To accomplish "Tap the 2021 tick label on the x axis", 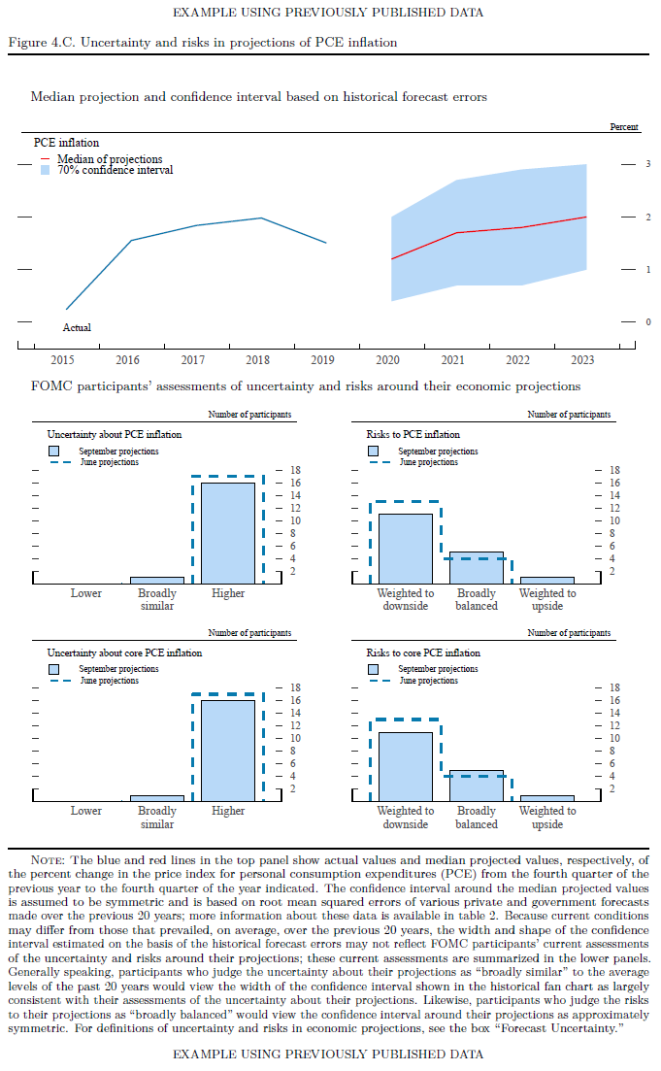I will tap(453, 360).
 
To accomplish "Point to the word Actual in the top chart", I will tap(77, 328).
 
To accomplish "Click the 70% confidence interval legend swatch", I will tap(45, 170).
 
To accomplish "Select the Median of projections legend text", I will tap(110, 159).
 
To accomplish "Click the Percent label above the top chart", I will tap(624, 127).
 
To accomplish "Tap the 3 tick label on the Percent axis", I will tap(648, 165).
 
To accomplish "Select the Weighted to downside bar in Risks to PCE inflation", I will tap(406, 548).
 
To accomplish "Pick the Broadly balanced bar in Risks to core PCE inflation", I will tap(477, 786).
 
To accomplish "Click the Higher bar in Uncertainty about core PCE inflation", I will tap(228, 750).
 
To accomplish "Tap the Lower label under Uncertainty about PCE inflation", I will tap(86, 593).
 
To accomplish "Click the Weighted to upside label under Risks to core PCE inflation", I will tap(547, 818).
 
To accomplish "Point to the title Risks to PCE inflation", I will tap(413, 435).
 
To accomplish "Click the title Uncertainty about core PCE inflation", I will tap(124, 653).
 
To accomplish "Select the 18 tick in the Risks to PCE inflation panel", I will tap(613, 471).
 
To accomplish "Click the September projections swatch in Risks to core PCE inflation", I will tap(376, 669).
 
